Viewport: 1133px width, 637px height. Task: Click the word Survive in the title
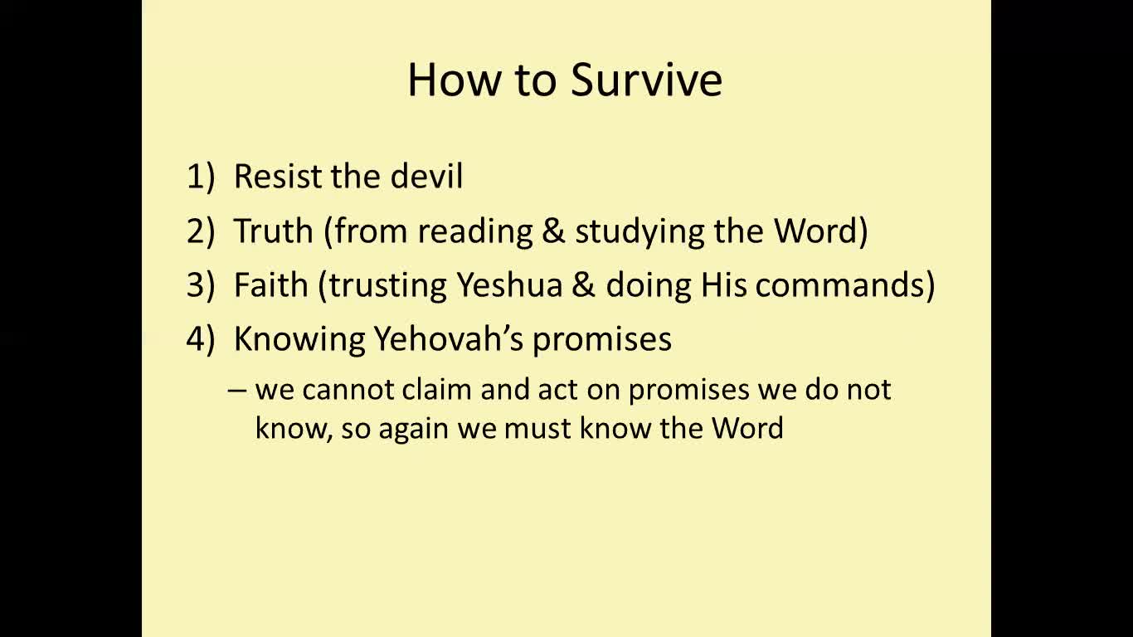click(x=646, y=80)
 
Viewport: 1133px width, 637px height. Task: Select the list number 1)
click(x=200, y=177)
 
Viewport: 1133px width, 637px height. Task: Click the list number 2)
click(x=200, y=231)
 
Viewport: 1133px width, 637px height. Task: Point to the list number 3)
click(x=200, y=284)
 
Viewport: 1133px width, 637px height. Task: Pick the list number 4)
click(x=200, y=338)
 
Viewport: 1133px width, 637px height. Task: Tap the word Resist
click(x=277, y=177)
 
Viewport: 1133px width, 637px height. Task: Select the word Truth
click(x=273, y=231)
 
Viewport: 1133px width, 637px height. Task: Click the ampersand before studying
click(x=553, y=231)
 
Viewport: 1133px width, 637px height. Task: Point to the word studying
click(x=639, y=233)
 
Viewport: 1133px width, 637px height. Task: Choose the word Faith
click(x=271, y=284)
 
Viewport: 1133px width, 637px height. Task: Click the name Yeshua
click(x=510, y=284)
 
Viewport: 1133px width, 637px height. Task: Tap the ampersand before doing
click(x=584, y=284)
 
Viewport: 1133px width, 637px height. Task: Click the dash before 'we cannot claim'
click(x=236, y=391)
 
